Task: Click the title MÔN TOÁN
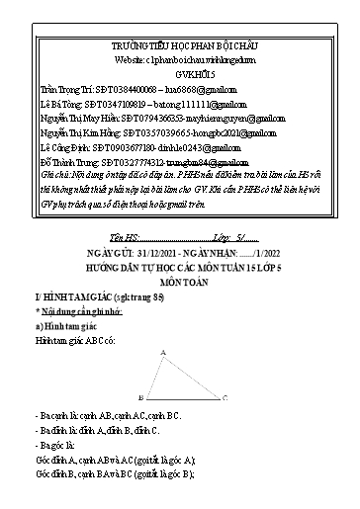(179, 251)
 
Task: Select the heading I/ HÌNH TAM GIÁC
(69, 270)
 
